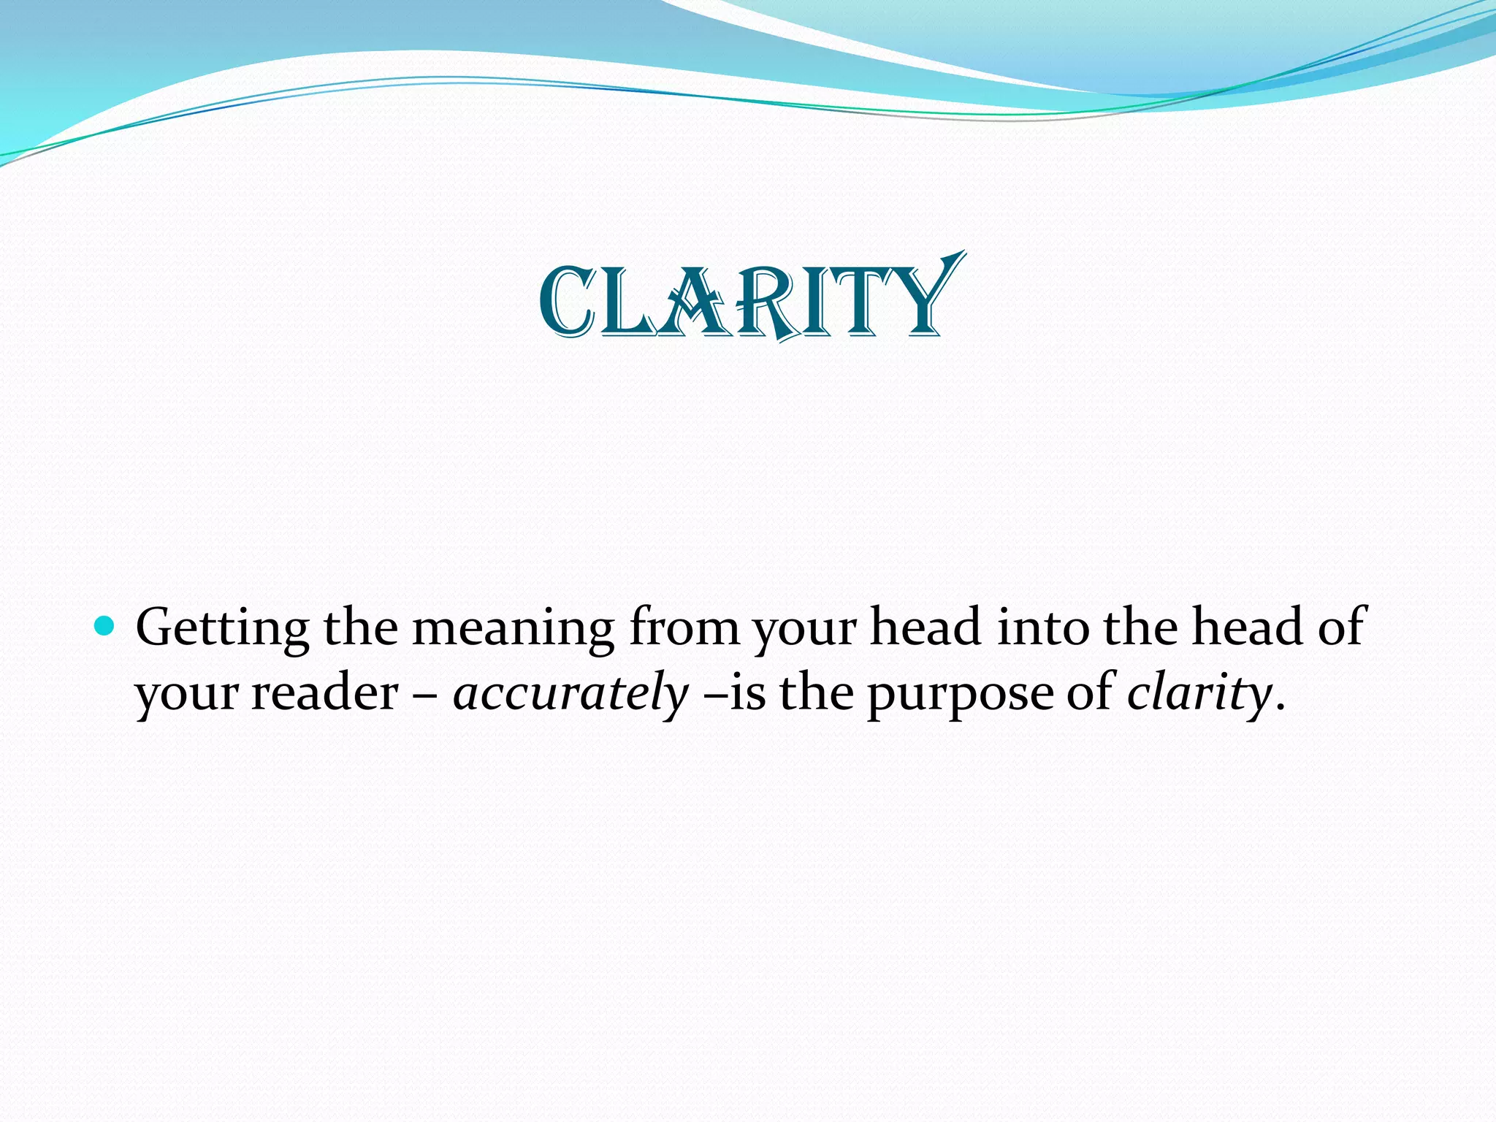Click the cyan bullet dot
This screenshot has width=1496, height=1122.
point(105,626)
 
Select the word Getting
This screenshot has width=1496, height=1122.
point(222,628)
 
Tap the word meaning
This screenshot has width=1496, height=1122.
point(513,628)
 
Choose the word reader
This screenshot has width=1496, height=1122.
point(325,692)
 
